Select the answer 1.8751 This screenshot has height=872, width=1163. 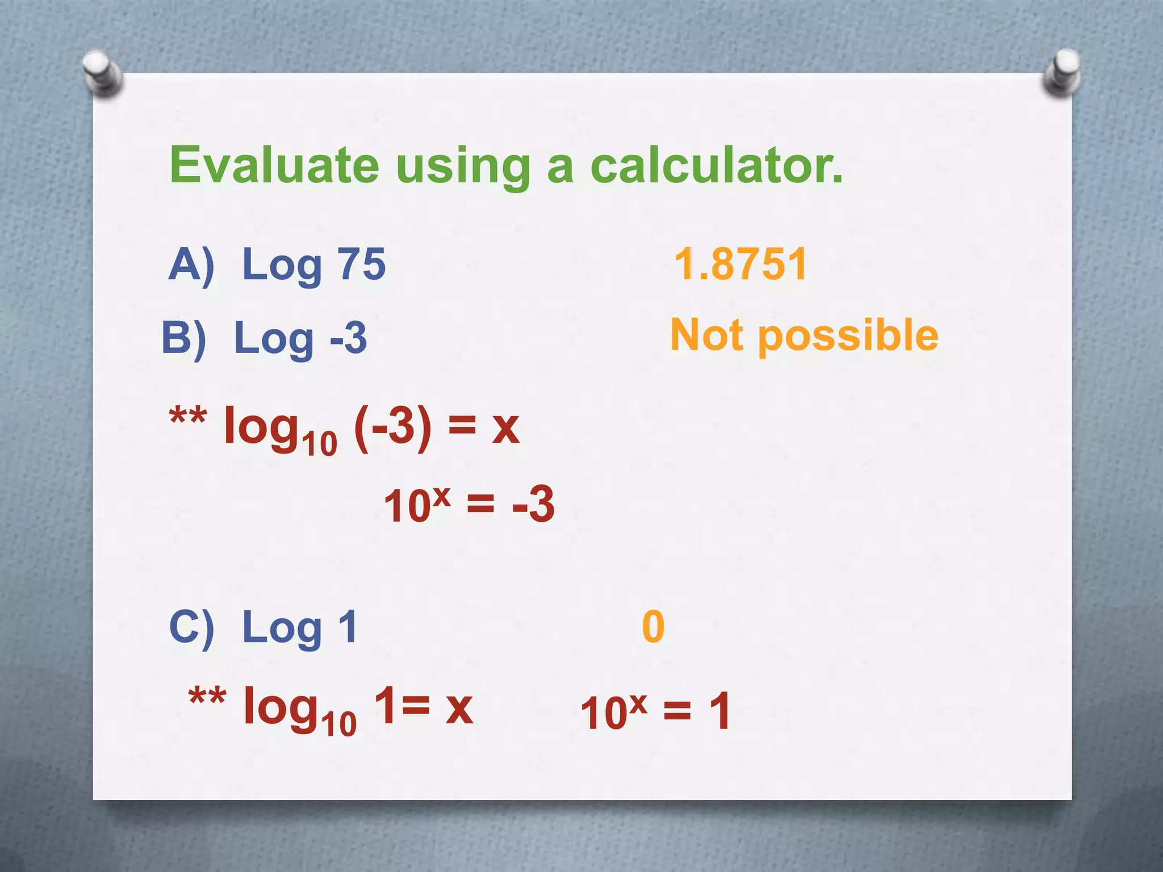click(741, 264)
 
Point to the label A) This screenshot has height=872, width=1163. click(191, 265)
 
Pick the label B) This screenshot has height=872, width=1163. click(183, 338)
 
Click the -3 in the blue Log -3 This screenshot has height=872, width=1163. click(348, 338)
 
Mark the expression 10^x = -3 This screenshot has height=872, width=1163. click(469, 504)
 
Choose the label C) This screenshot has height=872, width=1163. click(191, 627)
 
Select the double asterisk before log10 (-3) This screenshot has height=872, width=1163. click(188, 419)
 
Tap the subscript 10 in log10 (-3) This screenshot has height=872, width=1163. click(319, 443)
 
